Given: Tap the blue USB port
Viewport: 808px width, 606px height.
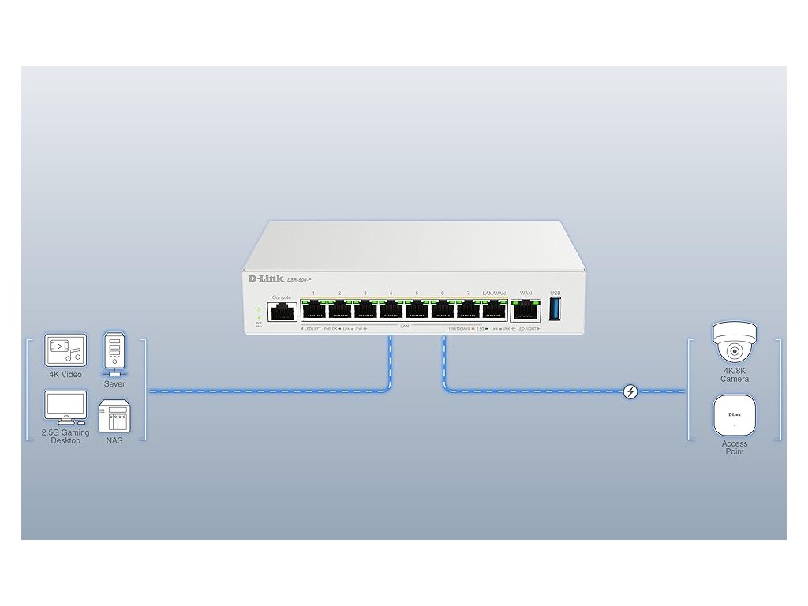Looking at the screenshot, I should click(555, 309).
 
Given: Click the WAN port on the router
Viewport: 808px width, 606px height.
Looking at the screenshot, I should click(525, 310).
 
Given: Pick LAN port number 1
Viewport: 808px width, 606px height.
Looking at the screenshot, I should click(314, 310).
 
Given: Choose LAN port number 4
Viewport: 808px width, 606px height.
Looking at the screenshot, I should click(391, 310).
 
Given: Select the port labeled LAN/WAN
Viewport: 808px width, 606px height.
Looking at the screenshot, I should click(494, 310).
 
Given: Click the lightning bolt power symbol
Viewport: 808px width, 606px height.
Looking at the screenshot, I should click(630, 391).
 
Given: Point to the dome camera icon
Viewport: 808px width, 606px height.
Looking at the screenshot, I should click(734, 342).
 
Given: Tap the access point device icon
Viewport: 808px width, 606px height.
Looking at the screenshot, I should click(734, 417).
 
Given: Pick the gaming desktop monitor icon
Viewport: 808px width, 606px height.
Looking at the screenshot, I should click(65, 408).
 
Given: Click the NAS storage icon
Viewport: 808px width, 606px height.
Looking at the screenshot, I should click(114, 416).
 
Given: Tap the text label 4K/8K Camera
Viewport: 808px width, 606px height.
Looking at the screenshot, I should click(734, 375).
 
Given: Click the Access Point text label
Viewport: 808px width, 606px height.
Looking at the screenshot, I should click(734, 447).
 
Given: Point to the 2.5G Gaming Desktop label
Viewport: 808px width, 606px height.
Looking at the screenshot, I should click(65, 436).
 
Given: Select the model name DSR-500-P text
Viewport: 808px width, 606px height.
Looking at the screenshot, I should click(299, 281).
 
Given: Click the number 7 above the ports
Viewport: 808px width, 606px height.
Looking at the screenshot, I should click(468, 294).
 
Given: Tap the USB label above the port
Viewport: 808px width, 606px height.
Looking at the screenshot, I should click(555, 293).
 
